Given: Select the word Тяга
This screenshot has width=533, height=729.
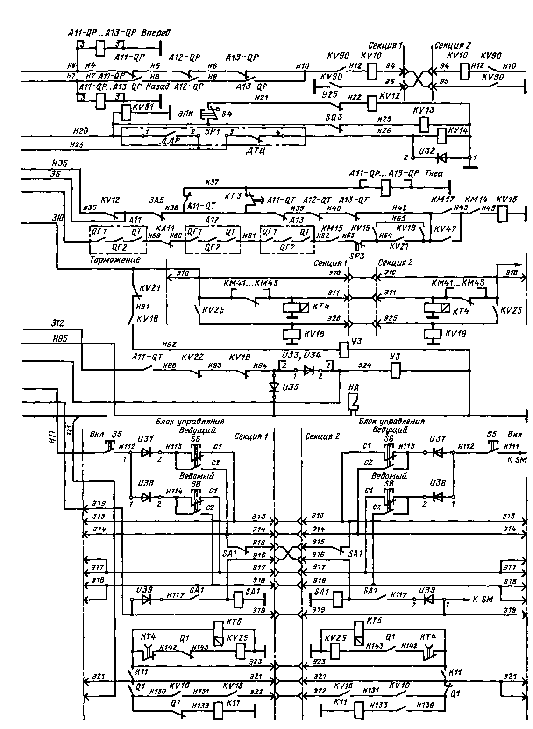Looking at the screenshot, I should click(x=434, y=174).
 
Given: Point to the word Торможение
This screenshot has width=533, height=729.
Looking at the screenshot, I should click(x=115, y=260).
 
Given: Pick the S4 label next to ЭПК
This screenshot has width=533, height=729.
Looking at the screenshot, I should click(x=227, y=114).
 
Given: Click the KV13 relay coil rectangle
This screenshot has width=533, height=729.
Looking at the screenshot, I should click(x=423, y=124).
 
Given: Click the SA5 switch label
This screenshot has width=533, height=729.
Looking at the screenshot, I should click(x=157, y=200).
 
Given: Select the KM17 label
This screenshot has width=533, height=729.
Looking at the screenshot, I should click(x=440, y=200).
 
